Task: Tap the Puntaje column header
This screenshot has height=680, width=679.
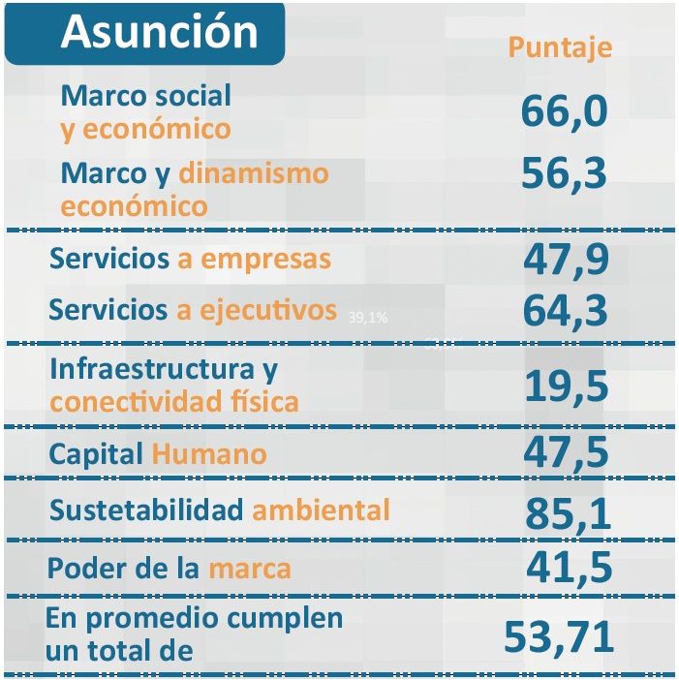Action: point(560,47)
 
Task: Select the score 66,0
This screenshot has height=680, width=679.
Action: point(564,110)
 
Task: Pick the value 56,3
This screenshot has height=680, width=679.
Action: point(564,174)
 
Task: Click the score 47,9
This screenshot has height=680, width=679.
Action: point(565,260)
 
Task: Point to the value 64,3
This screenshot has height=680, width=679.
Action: point(565,311)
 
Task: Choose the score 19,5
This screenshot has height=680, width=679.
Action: point(567,386)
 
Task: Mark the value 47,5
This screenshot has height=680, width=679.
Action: point(567,451)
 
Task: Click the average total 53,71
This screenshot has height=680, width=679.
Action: point(559,636)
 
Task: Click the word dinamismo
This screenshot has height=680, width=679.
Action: point(254,173)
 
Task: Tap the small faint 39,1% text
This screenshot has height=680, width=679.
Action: point(367,317)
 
